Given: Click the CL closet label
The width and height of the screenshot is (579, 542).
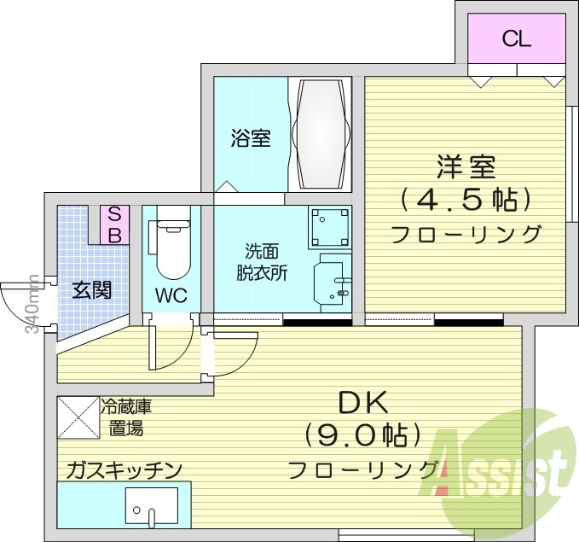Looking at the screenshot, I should pyautogui.click(x=517, y=38).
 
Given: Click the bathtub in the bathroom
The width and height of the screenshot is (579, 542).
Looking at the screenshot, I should pyautogui.click(x=321, y=135).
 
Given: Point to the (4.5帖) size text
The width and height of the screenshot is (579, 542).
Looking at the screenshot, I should pyautogui.click(x=466, y=200).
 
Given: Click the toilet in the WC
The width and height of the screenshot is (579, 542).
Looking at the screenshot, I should pyautogui.click(x=171, y=247).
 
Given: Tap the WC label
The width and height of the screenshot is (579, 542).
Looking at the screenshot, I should pyautogui.click(x=171, y=295).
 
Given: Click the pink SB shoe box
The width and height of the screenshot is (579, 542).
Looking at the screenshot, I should pyautogui.click(x=114, y=225).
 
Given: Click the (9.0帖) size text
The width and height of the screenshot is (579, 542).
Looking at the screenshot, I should pyautogui.click(x=363, y=436).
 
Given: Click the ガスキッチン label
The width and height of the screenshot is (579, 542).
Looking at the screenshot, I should pyautogui.click(x=124, y=469).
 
